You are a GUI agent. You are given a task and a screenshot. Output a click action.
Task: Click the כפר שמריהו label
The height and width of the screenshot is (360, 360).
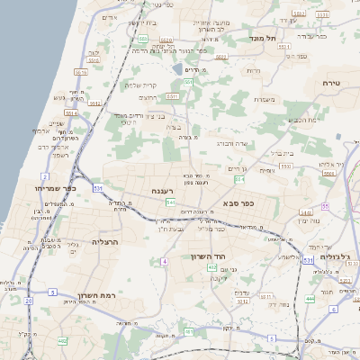pyautogui.click(x=61, y=188)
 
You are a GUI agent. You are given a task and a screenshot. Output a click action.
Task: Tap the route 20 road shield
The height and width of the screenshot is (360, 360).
pyautogui.click(x=28, y=300)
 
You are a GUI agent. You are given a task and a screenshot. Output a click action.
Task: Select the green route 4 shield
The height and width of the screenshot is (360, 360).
pyautogui.click(x=165, y=261)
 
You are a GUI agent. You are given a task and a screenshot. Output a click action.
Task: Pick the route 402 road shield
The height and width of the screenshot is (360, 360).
pyautogui.click(x=62, y=341)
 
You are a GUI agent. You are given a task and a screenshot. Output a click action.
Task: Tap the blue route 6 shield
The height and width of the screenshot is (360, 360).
pyautogui.click(x=332, y=309)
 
